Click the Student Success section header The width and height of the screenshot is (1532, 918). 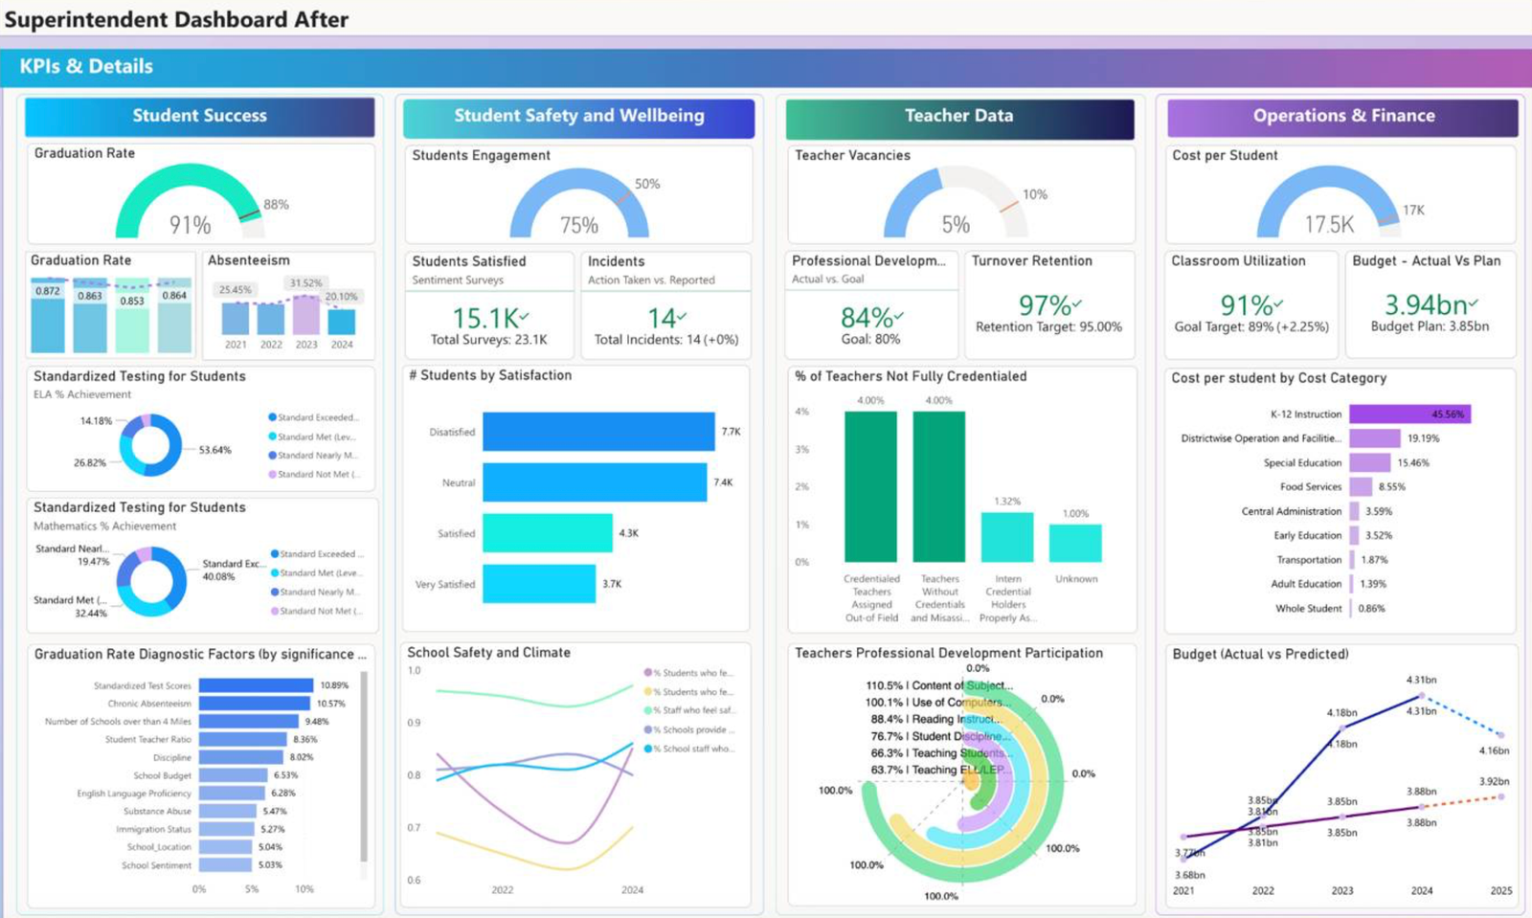199,116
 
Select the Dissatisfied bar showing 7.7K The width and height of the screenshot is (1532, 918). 598,432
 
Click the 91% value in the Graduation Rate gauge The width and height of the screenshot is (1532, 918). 190,225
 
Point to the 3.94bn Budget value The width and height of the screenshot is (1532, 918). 1426,305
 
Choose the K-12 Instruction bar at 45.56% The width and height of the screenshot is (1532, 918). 1409,414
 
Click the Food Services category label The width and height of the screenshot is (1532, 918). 1311,487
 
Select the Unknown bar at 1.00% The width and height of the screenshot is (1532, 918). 1075,543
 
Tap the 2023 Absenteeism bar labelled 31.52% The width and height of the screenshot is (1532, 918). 306,315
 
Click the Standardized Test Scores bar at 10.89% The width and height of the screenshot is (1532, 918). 256,685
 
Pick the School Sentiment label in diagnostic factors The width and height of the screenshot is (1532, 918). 156,865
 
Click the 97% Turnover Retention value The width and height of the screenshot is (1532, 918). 1045,305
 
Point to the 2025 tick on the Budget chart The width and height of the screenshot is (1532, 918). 1500,891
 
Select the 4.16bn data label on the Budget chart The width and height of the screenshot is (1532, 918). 1493,750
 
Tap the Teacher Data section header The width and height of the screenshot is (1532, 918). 958,116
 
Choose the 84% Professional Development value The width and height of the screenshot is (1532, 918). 866,318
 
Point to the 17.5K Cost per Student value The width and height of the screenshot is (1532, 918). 1328,225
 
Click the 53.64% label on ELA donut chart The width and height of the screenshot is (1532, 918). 214,450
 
